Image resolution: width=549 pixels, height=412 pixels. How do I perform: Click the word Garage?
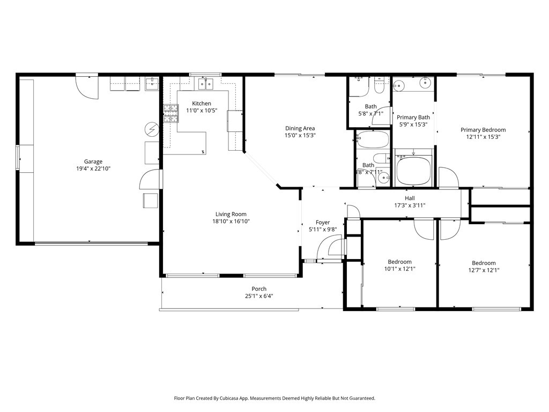[93, 161]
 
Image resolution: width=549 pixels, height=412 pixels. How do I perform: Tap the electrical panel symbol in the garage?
[152, 129]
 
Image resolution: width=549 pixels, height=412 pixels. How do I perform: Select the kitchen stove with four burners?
[170, 113]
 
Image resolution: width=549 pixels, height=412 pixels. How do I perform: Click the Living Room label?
[231, 214]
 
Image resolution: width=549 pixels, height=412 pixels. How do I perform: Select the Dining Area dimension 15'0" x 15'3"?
[300, 136]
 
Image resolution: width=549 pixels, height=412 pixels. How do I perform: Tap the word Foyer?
[323, 223]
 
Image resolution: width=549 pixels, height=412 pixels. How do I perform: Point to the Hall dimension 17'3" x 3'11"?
[410, 205]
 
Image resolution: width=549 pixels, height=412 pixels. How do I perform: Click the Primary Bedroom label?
[483, 130]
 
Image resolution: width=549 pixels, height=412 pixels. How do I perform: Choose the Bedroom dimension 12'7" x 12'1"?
[484, 270]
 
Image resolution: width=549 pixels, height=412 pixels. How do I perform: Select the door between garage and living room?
[150, 180]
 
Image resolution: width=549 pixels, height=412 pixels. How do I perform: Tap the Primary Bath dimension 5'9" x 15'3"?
[413, 124]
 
